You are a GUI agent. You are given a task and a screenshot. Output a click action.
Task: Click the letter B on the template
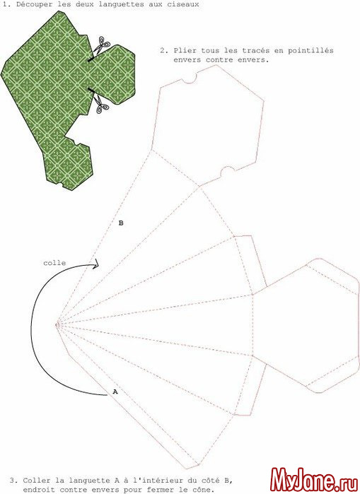[121, 223]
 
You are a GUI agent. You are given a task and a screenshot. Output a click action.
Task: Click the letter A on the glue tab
[115, 392]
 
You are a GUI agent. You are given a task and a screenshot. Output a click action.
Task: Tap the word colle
[54, 263]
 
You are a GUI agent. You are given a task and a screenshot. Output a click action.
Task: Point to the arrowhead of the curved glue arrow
[95, 264]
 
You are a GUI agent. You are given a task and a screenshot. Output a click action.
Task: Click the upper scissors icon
[101, 45]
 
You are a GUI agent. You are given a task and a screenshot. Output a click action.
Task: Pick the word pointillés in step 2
[310, 50]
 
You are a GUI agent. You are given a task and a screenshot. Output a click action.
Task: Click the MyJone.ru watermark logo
[314, 481]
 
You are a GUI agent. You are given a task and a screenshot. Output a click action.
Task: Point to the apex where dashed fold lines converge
[57, 324]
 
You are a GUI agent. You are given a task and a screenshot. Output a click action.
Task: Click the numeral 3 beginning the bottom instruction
[11, 481]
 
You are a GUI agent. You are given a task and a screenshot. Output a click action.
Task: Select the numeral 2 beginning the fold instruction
[163, 50]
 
